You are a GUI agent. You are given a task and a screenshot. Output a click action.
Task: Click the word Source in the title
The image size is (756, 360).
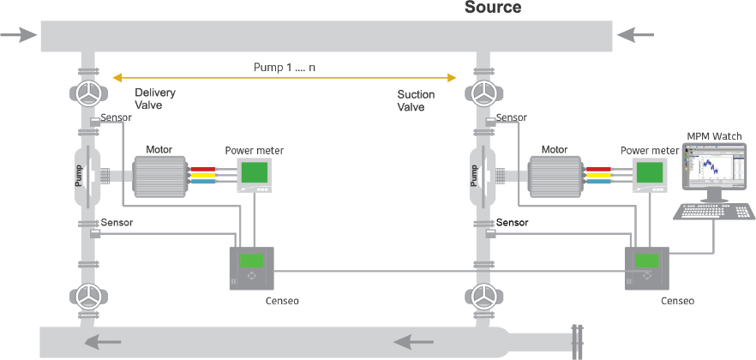click(x=493, y=7)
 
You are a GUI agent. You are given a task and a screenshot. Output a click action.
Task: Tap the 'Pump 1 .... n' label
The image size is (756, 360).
click(x=285, y=67)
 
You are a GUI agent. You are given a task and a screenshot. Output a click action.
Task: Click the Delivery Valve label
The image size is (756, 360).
click(x=155, y=99)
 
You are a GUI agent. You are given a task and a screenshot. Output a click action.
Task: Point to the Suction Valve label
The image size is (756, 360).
click(x=416, y=101)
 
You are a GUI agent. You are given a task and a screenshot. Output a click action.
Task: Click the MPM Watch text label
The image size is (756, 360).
click(x=714, y=136)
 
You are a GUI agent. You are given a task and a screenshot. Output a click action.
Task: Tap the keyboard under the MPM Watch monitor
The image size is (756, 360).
click(x=714, y=212)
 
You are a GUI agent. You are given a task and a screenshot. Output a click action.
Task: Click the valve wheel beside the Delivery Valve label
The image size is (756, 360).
click(x=87, y=94)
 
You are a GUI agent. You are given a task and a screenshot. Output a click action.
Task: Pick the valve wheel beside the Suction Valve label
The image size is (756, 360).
click(x=483, y=94)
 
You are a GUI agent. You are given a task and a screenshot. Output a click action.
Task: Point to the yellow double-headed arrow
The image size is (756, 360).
click(x=285, y=78)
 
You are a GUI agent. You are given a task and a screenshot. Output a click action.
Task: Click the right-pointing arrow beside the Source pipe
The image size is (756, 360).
click(x=18, y=34)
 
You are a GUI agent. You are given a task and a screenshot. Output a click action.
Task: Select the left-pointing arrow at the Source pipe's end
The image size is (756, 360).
click(x=635, y=34)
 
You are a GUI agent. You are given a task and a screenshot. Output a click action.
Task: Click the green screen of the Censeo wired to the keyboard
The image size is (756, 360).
click(x=646, y=261)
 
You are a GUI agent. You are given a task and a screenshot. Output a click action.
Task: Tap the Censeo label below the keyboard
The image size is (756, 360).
click(x=677, y=301)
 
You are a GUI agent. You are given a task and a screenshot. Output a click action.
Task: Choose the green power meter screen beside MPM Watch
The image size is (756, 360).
click(x=649, y=172)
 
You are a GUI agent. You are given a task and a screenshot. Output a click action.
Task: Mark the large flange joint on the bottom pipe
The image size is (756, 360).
click(x=577, y=342)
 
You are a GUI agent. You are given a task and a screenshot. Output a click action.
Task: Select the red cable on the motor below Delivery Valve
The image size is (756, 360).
click(x=203, y=169)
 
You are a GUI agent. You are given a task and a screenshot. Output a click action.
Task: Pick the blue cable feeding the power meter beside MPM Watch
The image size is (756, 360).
click(x=598, y=181)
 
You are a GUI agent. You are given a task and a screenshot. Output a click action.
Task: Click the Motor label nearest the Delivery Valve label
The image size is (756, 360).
click(x=159, y=149)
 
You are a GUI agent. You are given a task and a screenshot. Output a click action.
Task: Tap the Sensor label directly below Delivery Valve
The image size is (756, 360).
click(x=117, y=117)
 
